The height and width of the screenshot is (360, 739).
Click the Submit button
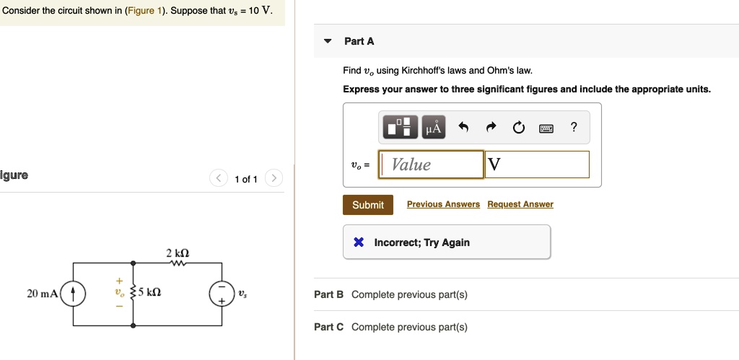tap(368, 205)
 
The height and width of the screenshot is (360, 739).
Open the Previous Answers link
tap(443, 205)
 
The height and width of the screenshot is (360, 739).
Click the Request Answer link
tap(520, 205)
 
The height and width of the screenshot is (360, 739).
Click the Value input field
tap(432, 164)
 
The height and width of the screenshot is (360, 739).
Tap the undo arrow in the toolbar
tap(463, 128)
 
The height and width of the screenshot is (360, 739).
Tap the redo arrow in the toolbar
tap(491, 128)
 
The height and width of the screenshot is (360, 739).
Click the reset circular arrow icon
tap(518, 128)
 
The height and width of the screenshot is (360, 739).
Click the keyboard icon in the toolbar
tap(546, 128)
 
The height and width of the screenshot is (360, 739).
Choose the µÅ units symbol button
tap(433, 128)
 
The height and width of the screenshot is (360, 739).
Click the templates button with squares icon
tap(401, 128)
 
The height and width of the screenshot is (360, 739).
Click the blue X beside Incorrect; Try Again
tap(359, 242)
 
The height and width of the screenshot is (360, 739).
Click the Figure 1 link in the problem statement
tap(146, 12)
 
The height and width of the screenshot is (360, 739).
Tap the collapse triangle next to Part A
tap(328, 42)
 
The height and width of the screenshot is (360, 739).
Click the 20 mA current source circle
tap(74, 294)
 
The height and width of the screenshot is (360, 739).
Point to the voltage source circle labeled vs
tap(222, 293)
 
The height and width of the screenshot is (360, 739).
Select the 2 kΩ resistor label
tap(178, 253)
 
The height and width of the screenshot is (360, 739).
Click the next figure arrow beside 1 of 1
tap(274, 178)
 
